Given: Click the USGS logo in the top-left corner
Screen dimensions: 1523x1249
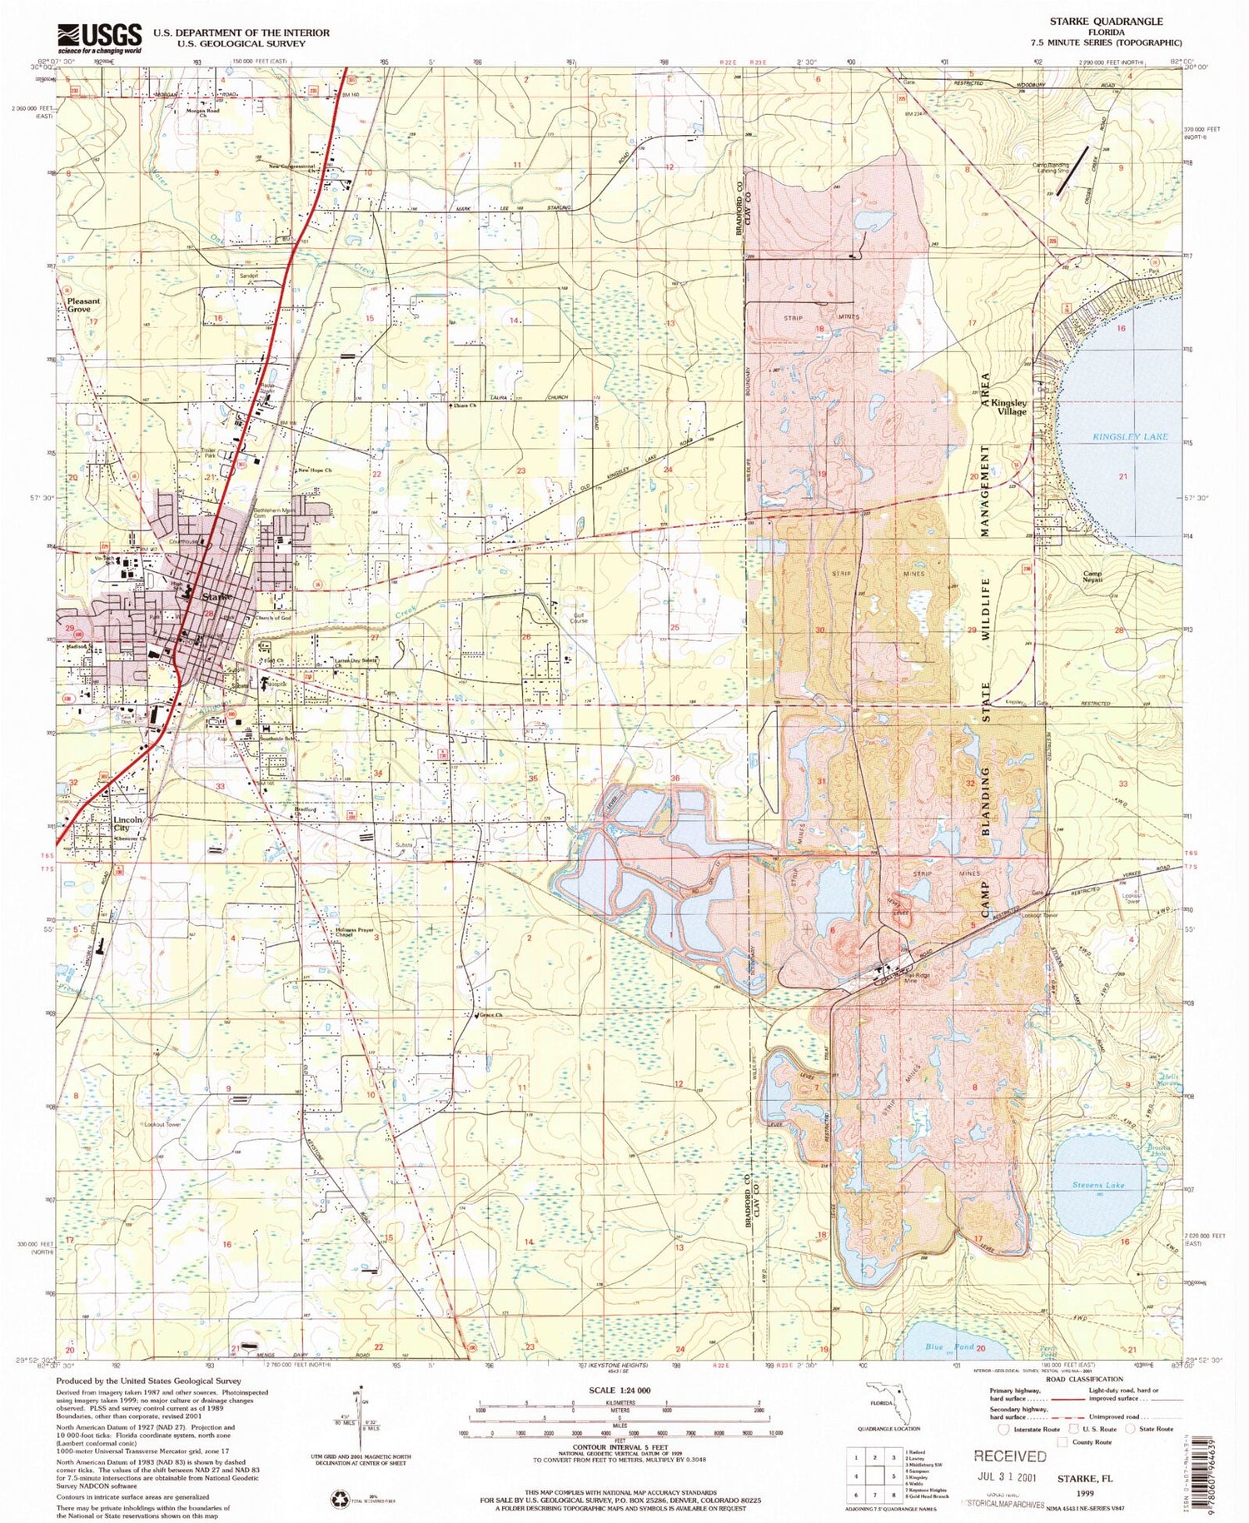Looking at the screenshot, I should [99, 37].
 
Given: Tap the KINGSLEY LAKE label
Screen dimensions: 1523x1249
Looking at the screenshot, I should [1130, 436].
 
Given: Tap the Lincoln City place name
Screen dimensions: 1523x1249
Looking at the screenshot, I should [127, 824].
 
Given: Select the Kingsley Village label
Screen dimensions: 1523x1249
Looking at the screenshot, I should [1008, 406].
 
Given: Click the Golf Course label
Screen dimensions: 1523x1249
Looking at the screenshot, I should [579, 617].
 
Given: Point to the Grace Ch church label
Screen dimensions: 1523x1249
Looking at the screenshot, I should [490, 1015].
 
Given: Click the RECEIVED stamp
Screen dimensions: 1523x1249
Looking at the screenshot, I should [1009, 1456].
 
